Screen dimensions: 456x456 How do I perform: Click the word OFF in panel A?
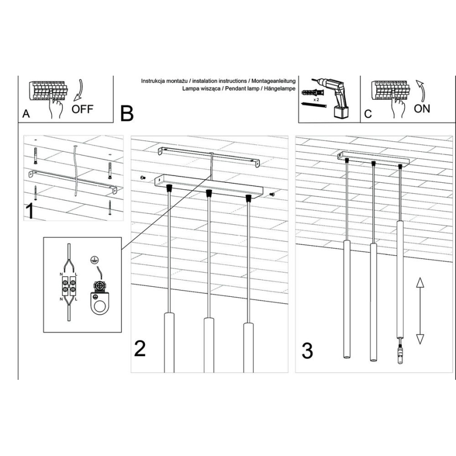(x=82, y=109)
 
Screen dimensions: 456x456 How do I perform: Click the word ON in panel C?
(x=422, y=108)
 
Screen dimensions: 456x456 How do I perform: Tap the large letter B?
(x=127, y=113)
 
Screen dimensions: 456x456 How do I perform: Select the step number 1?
(x=31, y=210)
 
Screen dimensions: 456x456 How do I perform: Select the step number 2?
(x=140, y=348)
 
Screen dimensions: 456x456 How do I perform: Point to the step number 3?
(x=307, y=350)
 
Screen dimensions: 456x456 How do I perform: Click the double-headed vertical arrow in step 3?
(x=420, y=311)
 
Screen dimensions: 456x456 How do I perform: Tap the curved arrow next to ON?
(x=420, y=90)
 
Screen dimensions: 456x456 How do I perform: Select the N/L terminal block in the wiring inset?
(x=68, y=291)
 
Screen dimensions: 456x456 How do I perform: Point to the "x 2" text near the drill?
(x=316, y=99)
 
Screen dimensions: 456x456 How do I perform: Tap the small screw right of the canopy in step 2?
(x=271, y=194)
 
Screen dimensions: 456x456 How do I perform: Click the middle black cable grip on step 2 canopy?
(x=209, y=193)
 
